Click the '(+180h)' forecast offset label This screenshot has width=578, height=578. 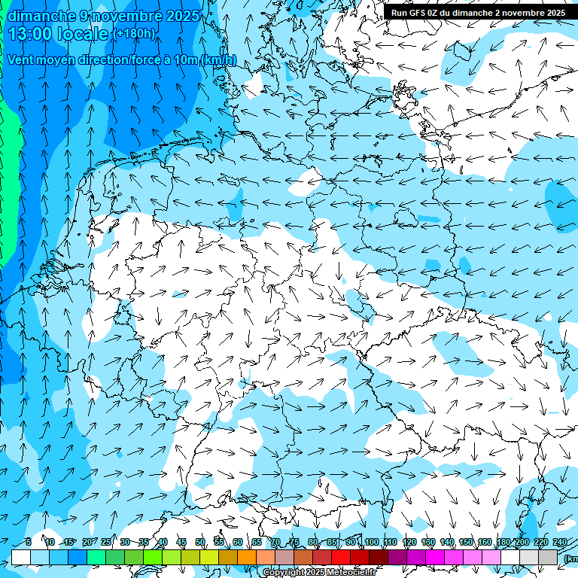pos(135,34)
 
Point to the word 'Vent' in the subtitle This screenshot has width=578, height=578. pos(23,59)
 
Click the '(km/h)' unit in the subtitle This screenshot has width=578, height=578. pos(218,59)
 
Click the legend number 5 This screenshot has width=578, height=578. pos(28,542)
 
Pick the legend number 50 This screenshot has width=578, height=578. pos(200,542)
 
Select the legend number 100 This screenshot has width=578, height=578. pos(371,542)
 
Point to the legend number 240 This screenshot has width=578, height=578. pos(560,542)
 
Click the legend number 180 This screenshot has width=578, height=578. pos(503,542)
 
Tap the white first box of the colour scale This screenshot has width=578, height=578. pos(21,557)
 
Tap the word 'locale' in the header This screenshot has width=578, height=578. pos(84,34)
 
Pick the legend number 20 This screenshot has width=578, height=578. pos(87,542)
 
